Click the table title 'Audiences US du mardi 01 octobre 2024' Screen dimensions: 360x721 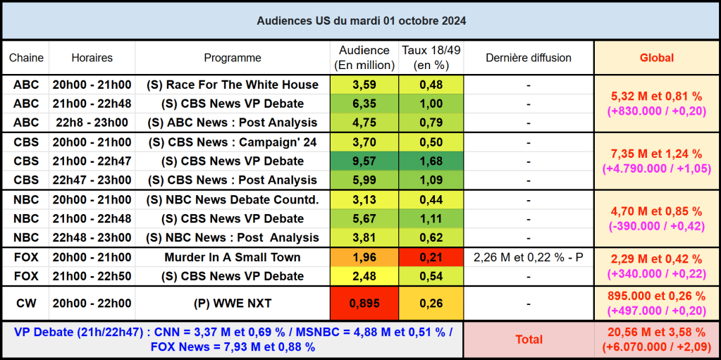361,21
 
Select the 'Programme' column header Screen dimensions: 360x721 233,58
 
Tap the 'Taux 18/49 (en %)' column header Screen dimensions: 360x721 431,58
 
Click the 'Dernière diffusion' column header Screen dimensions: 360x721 529,58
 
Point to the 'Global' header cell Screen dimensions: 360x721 656,58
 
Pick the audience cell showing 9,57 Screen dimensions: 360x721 364,161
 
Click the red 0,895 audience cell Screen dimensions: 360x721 364,303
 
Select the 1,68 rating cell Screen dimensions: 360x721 431,161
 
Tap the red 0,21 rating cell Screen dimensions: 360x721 431,257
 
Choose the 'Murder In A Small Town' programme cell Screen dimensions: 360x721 233,257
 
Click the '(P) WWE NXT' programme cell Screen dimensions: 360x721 233,303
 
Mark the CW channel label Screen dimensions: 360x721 26,303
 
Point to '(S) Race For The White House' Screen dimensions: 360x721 233,85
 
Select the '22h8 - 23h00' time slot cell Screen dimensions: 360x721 92,123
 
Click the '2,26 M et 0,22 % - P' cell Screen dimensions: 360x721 529,257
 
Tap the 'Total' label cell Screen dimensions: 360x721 529,340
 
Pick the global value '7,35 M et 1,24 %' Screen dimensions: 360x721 656,154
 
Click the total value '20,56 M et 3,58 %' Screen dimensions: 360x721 656,332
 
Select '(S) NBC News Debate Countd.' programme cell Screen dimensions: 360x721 233,199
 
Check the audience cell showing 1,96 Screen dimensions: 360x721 364,257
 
